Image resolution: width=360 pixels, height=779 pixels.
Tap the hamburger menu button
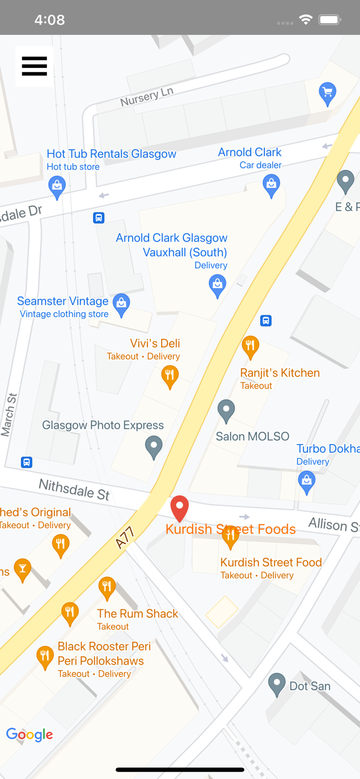point(34,66)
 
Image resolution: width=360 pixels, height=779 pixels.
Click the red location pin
point(180,507)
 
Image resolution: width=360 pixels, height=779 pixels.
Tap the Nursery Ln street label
point(146,97)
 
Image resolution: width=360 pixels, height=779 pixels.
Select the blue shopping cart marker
point(327,93)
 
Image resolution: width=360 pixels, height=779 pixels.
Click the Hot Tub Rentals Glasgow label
point(111,154)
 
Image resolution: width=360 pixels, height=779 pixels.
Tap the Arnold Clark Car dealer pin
point(271,185)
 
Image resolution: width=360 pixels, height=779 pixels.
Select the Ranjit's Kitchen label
point(279,373)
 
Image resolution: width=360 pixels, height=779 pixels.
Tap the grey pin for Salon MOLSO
point(226,410)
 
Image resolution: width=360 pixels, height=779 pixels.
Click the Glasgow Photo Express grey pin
point(154,447)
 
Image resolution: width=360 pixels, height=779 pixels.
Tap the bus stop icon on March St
point(26,462)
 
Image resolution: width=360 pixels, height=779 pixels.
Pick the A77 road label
point(125,538)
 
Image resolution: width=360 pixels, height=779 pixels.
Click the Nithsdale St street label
point(74,489)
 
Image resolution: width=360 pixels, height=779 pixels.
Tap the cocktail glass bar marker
point(22,569)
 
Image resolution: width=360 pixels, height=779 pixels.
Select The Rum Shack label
point(138,614)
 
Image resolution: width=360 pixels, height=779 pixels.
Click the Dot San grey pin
point(277,684)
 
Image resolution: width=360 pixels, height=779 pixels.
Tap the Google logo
point(30,735)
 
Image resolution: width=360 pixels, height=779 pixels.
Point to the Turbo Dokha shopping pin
point(306,482)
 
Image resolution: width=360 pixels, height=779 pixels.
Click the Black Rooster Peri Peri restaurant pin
point(45,657)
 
